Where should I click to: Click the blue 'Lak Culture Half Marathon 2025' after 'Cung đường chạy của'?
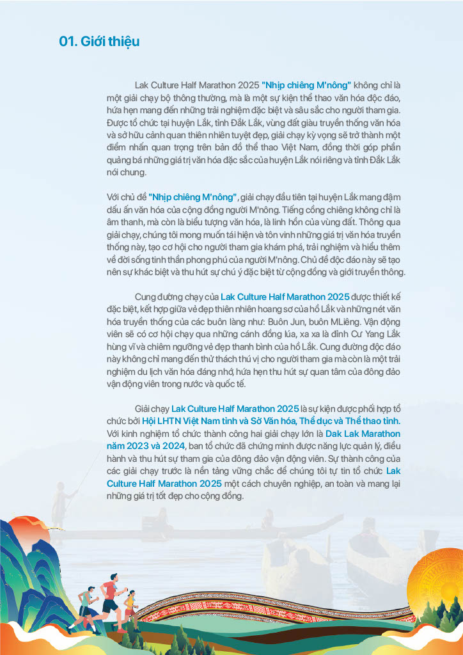[x=285, y=297]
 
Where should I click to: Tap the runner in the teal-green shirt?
[x=84, y=604]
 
